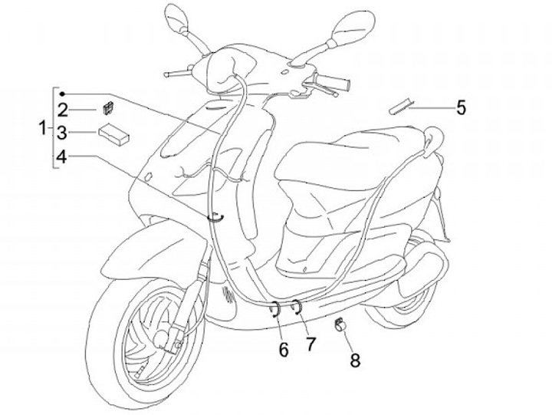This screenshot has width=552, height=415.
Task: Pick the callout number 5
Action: pyautogui.click(x=460, y=107)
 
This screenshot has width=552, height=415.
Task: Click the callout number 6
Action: pyautogui.click(x=284, y=351)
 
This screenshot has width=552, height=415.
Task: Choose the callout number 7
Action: pyautogui.click(x=310, y=344)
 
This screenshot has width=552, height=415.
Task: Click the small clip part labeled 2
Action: pyautogui.click(x=108, y=108)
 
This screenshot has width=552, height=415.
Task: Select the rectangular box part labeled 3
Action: pyautogui.click(x=113, y=135)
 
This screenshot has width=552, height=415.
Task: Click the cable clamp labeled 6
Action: pyautogui.click(x=274, y=310)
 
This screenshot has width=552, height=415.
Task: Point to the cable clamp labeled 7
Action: pyautogui.click(x=296, y=308)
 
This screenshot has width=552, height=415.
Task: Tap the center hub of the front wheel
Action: pyautogui.click(x=163, y=334)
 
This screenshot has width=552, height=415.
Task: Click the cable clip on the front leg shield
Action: pyautogui.click(x=218, y=217)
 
